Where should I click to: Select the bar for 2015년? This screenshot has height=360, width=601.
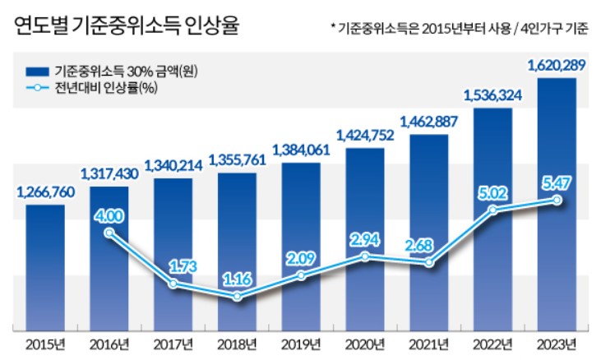[x=44, y=267]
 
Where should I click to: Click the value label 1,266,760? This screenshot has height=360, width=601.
[x=45, y=193]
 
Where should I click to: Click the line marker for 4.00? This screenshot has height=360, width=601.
[x=109, y=233]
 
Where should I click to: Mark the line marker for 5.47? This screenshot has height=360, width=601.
[x=557, y=200]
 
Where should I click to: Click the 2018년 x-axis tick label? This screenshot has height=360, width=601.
[x=237, y=343]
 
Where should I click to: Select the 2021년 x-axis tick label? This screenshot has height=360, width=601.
[x=428, y=343]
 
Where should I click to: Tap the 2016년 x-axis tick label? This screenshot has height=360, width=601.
[x=109, y=343]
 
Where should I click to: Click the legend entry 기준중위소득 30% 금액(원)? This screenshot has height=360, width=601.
[x=124, y=71]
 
